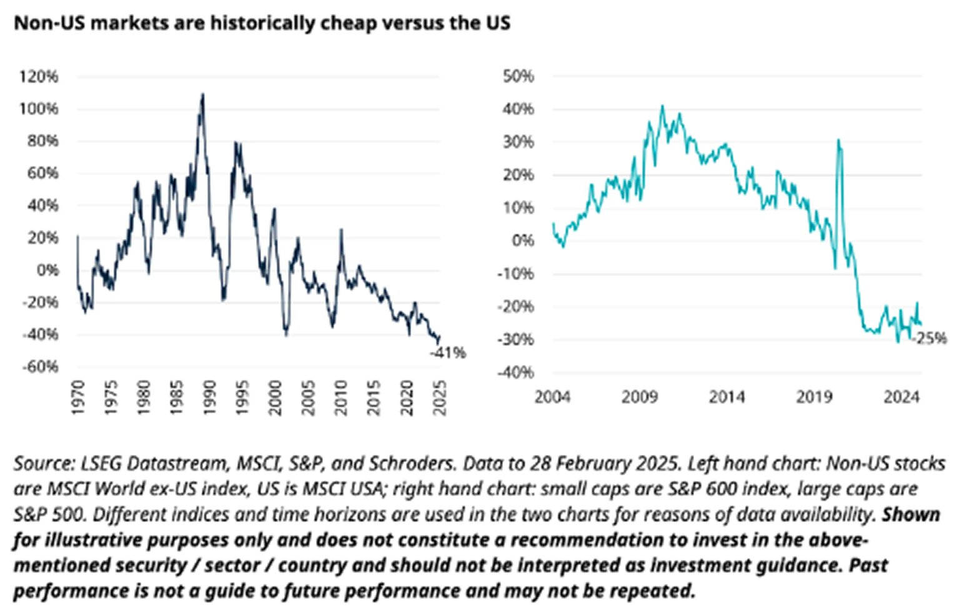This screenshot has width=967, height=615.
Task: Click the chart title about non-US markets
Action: pos(262,23)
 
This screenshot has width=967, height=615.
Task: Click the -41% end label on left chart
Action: pos(448,353)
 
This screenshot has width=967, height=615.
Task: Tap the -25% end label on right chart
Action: pos(929,339)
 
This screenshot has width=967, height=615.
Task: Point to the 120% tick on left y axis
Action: pos(39,77)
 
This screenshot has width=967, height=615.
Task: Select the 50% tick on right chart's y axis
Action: pos(518,76)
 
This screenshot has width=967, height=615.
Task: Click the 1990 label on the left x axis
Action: pos(210,397)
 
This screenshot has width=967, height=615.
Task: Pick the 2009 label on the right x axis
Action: pos(639,397)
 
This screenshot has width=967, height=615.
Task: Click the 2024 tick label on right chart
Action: pos(901,397)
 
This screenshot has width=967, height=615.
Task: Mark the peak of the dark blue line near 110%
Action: pos(202,95)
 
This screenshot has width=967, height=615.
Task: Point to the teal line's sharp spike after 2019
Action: pos(838,141)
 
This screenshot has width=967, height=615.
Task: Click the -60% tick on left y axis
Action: pos(40,367)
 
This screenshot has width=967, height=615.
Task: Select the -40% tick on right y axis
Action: pos(516,372)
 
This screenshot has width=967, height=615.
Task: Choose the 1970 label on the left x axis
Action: pos(78,397)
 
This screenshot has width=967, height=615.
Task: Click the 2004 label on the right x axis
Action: pos(552,397)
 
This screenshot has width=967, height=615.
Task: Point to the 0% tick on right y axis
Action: pos(523,241)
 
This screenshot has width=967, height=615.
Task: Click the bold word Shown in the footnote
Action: pos(911,514)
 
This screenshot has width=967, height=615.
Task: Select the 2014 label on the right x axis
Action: pos(726,397)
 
